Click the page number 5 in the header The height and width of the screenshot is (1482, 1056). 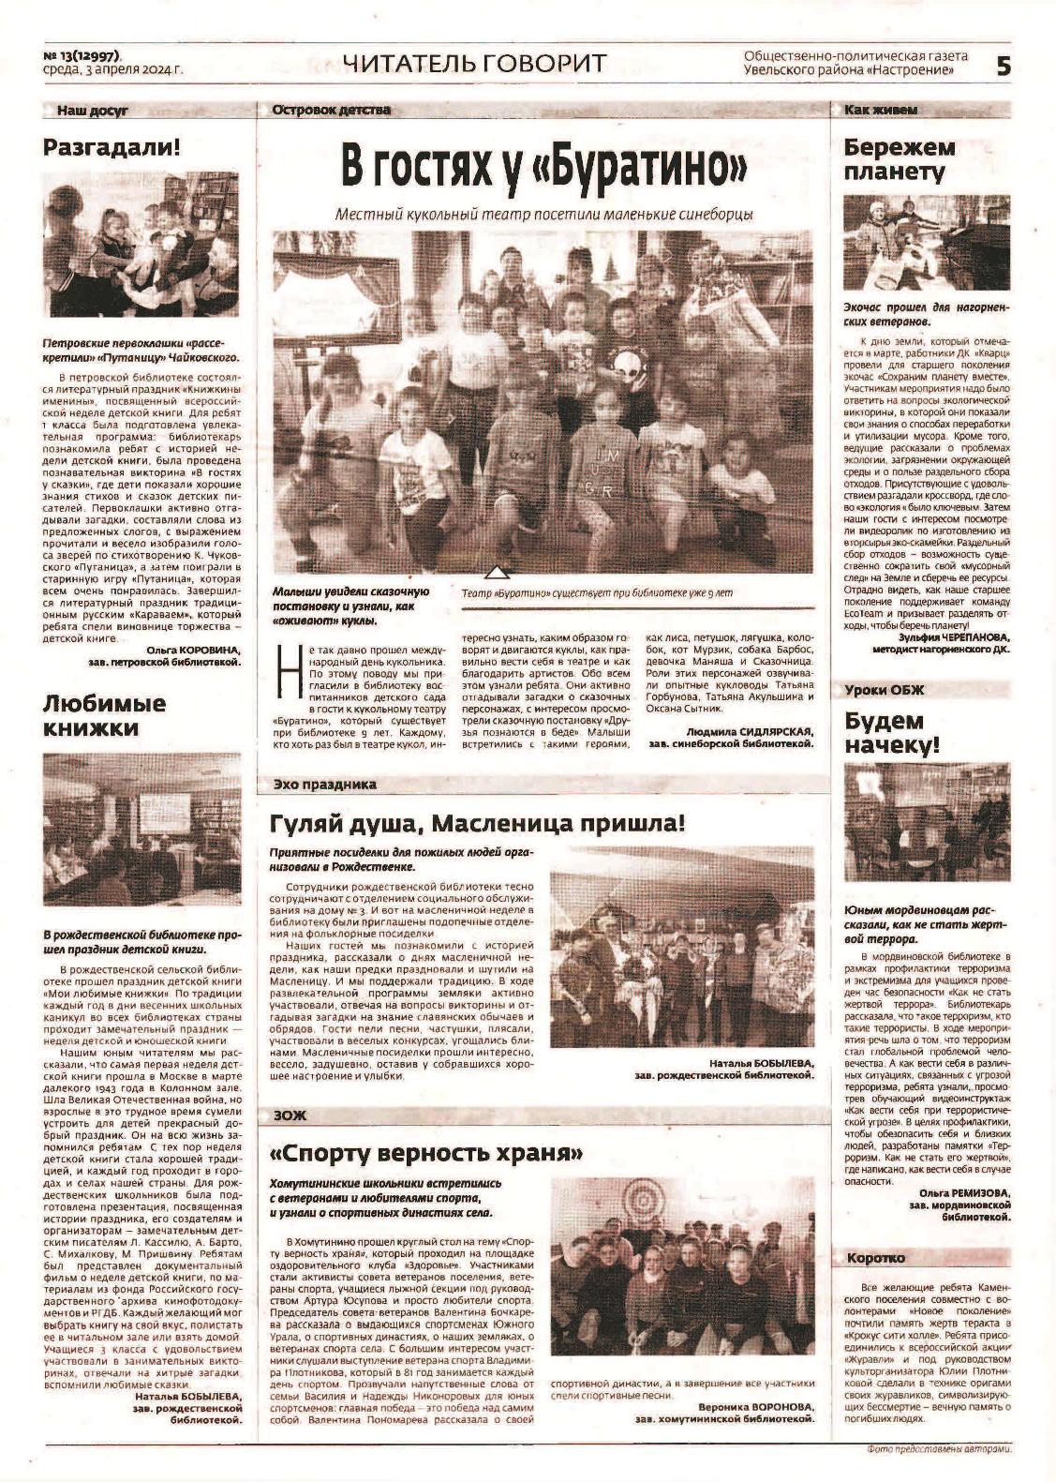[x=1003, y=67]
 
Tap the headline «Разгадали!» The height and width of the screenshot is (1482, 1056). [x=112, y=147]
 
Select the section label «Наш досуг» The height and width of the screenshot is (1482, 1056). [x=92, y=111]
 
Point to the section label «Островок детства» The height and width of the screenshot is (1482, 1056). [x=331, y=111]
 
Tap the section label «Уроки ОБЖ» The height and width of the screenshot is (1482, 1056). [x=884, y=690]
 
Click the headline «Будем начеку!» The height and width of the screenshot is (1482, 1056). [x=891, y=733]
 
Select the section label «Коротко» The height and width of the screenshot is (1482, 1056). [x=875, y=1257]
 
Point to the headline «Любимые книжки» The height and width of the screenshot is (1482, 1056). [x=104, y=715]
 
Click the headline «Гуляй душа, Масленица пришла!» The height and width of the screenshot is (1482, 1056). [x=478, y=824]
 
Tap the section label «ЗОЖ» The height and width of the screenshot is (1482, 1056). [x=290, y=1115]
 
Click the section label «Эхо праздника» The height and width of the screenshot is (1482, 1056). [x=324, y=784]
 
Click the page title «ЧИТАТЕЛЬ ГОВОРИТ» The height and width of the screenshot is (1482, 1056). [x=474, y=65]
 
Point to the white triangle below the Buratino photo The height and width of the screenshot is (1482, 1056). [x=498, y=572]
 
